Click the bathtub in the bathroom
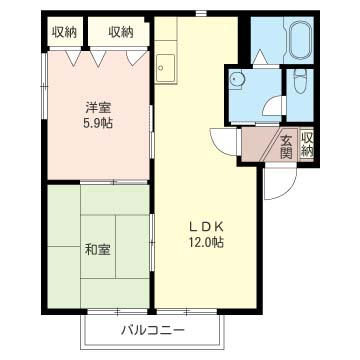click(x=299, y=41)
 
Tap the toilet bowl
click(x=300, y=81)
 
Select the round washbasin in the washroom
click(x=238, y=79)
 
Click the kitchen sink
click(x=166, y=68)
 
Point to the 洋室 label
click(x=98, y=108)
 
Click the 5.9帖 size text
click(x=98, y=124)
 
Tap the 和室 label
click(x=97, y=249)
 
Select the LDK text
click(x=206, y=227)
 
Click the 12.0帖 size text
click(x=206, y=242)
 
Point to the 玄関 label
click(x=286, y=147)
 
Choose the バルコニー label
click(x=153, y=330)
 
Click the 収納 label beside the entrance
click(x=307, y=144)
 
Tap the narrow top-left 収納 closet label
click(x=64, y=32)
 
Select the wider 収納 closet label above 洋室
click(x=121, y=32)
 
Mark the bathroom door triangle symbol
click(x=260, y=57)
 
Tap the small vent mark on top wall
click(x=201, y=13)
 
